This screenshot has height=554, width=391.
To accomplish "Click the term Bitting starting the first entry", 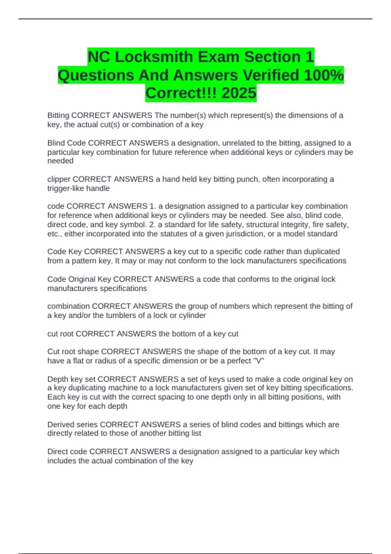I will coord(58,115).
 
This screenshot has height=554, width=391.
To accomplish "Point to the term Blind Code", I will coord(67,143).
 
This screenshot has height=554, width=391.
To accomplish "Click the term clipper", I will coord(59,179).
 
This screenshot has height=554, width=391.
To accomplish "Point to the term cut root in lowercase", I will coord(61,334).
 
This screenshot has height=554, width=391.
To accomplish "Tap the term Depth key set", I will coord(71,379).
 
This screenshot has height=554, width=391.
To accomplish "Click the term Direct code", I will coord(67,452).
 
